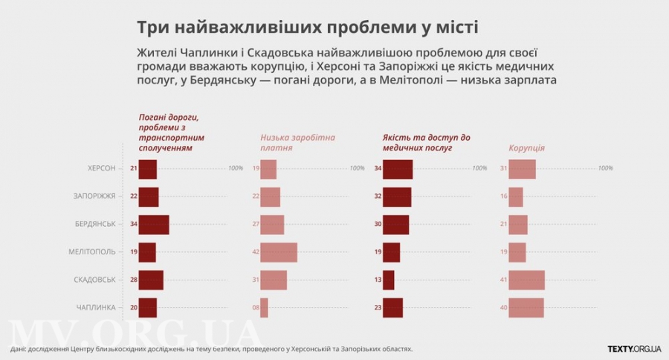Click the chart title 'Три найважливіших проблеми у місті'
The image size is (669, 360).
(308, 27)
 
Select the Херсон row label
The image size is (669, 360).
(101, 169)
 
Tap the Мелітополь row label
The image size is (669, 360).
(92, 252)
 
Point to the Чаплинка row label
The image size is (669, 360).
(96, 307)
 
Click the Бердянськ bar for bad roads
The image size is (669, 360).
(154, 225)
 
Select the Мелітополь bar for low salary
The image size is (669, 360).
(279, 252)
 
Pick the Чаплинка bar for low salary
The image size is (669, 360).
(264, 307)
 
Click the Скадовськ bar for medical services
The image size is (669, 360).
(388, 280)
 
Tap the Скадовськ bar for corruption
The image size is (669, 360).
(526, 280)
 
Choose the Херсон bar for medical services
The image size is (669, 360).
(397, 169)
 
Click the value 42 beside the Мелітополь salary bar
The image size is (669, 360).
(255, 252)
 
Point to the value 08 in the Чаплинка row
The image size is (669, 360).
(255, 307)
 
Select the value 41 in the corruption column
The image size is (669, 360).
(503, 280)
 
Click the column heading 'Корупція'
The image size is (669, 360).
(526, 148)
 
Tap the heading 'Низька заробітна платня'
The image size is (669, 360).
(297, 143)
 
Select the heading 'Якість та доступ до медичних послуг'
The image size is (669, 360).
(426, 143)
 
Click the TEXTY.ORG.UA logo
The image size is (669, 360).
(634, 348)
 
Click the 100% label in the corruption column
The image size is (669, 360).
(605, 168)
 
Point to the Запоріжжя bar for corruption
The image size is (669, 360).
(516, 196)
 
